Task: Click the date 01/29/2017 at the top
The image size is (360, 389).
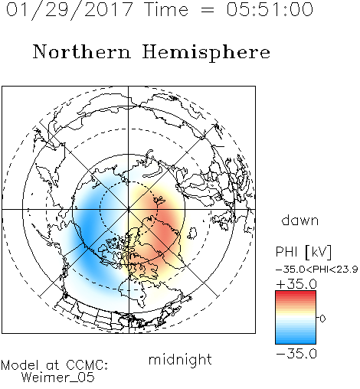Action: point(70,10)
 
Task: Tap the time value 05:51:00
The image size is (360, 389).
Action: point(270,9)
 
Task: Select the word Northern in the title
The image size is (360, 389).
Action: point(82,51)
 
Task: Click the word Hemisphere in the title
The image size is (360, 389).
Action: point(206,53)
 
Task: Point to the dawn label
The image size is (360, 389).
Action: point(300,220)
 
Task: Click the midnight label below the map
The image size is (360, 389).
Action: point(180,360)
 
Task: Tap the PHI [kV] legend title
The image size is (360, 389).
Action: point(303,252)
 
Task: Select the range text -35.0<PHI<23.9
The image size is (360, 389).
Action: point(317,270)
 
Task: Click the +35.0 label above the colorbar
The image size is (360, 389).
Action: point(296,284)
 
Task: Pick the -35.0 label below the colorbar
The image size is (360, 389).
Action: point(296,354)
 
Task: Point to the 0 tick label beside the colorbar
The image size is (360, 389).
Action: point(322,319)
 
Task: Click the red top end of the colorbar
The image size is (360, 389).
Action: point(296,293)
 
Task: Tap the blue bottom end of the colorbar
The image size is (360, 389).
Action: point(296,342)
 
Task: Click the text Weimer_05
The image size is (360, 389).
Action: point(58,377)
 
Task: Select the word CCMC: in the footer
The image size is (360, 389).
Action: point(87,365)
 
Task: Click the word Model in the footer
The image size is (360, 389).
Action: point(20,365)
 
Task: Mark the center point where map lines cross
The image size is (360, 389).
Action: point(129,210)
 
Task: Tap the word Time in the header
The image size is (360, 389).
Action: point(166,9)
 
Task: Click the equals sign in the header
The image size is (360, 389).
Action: point(208,10)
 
